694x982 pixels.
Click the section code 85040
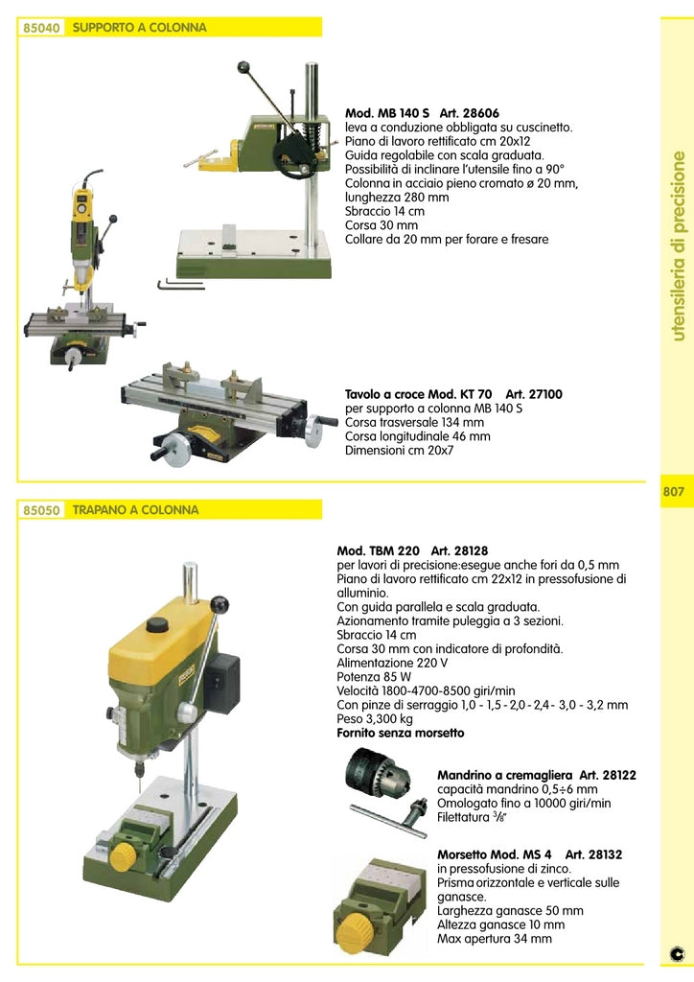tap(42, 29)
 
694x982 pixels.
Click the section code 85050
tap(42, 511)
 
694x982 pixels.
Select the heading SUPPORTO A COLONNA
tap(140, 29)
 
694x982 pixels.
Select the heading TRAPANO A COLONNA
tap(136, 511)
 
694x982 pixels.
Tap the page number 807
tap(673, 492)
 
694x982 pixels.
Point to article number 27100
tap(546, 394)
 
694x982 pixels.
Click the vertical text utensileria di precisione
tap(679, 245)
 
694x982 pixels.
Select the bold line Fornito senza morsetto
tap(400, 733)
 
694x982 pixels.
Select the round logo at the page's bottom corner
tap(676, 955)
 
